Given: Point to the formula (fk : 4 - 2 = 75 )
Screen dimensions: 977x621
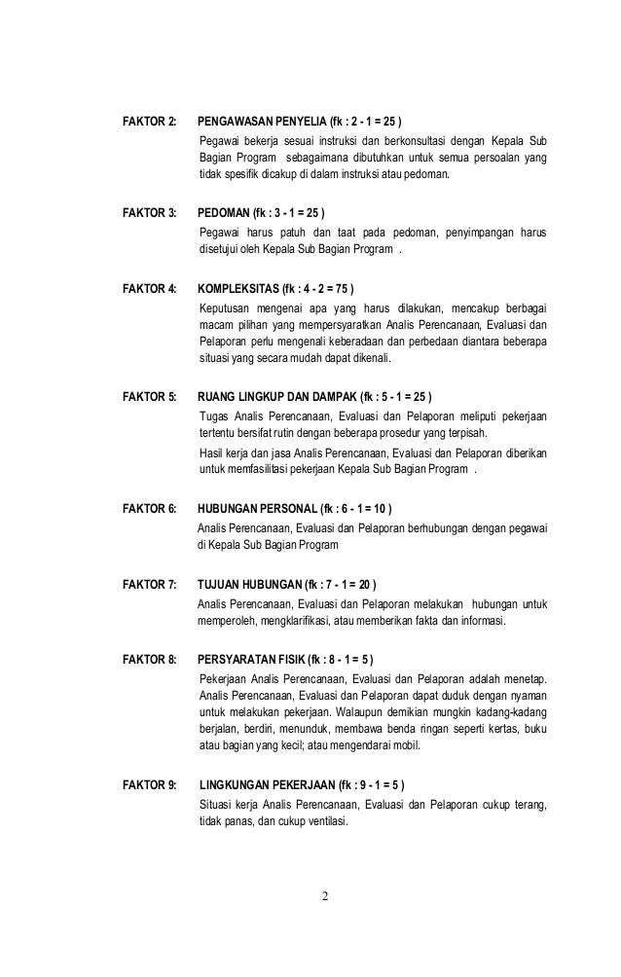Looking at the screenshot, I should pyautogui.click(x=319, y=288).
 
